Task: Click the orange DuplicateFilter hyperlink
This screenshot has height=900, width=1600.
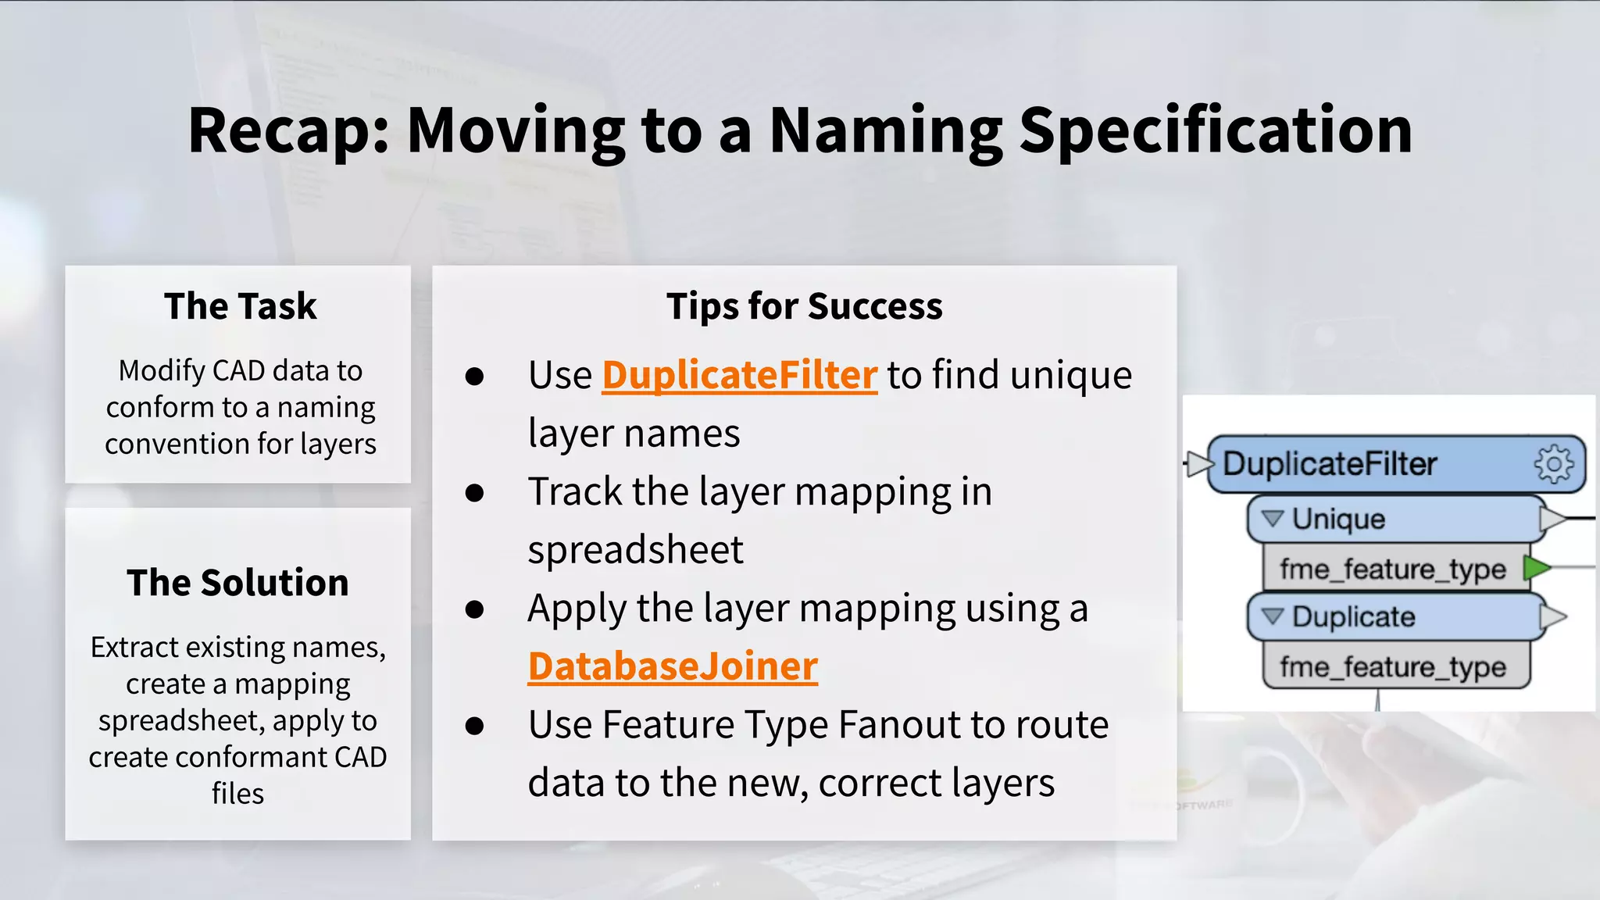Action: (739, 375)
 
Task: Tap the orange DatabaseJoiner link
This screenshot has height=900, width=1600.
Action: (673, 666)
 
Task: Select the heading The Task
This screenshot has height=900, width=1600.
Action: (240, 305)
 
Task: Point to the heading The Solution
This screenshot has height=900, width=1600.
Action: (237, 583)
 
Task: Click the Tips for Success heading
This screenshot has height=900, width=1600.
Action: (804, 305)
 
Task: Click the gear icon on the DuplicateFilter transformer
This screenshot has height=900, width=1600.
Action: (1554, 465)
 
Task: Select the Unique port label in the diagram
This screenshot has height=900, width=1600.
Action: (1338, 520)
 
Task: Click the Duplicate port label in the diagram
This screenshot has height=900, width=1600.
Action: (1353, 617)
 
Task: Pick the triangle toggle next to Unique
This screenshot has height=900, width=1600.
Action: (1273, 519)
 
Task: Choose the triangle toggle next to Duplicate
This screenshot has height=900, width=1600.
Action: (1273, 616)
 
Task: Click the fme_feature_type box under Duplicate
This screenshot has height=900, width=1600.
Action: (1393, 667)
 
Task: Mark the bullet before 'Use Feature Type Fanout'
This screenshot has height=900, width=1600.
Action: (474, 727)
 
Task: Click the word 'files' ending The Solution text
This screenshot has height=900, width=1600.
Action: (237, 794)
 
